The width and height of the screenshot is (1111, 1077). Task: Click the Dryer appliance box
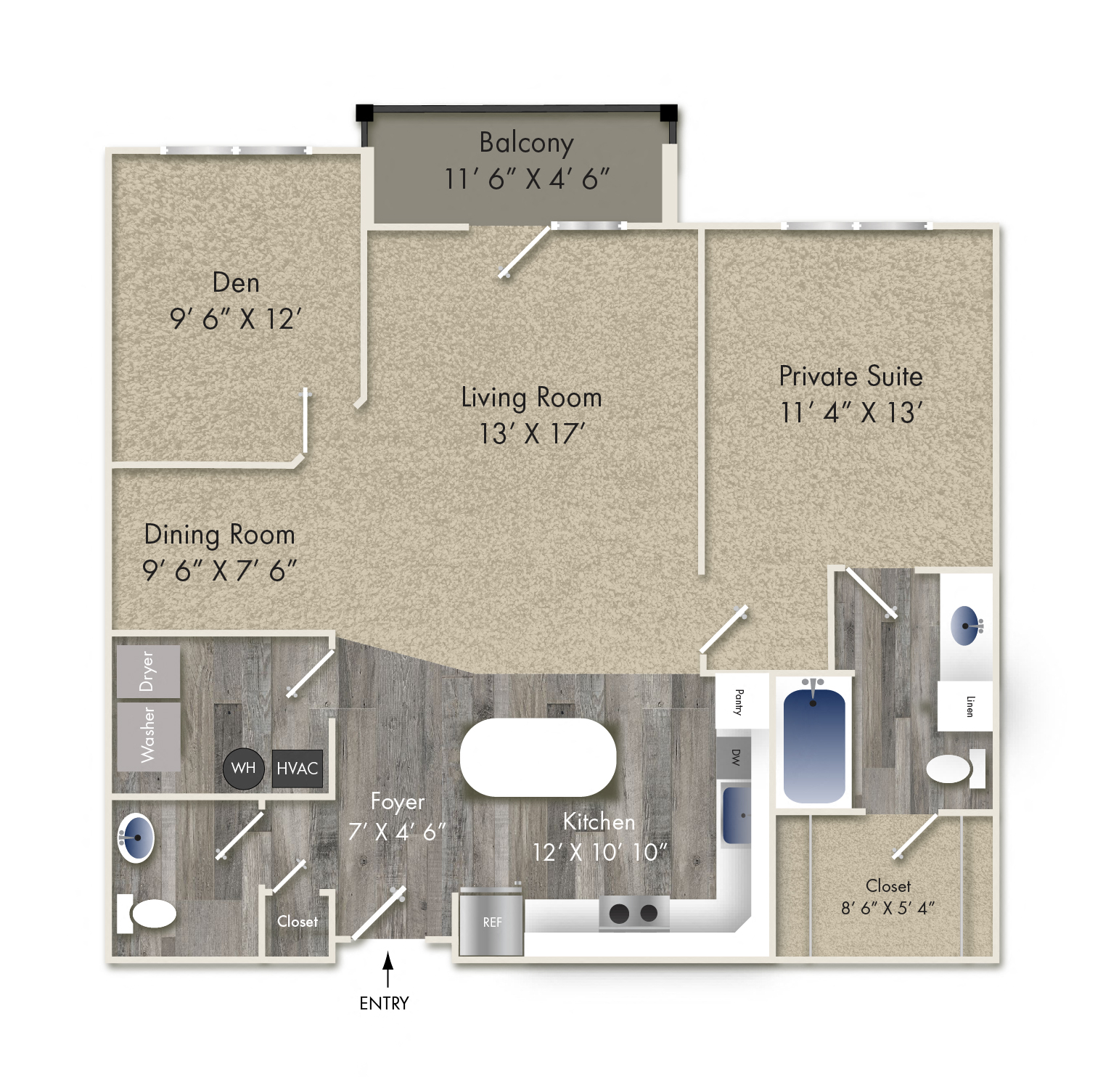point(148,671)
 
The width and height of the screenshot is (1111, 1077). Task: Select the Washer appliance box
point(148,736)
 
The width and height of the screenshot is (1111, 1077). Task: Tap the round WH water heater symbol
point(243,768)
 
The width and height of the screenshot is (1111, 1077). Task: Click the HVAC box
point(297,769)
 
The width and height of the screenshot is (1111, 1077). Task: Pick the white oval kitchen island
point(538,757)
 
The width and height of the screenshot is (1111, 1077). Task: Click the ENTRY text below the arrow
point(384,1003)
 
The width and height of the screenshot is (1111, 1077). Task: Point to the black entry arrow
point(388,969)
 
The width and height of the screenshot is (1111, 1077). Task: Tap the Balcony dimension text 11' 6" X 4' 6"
point(527,179)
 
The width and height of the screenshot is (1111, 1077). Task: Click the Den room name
point(236,283)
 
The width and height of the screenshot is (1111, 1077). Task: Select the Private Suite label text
point(850,377)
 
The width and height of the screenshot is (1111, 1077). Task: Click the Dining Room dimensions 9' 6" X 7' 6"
point(220,571)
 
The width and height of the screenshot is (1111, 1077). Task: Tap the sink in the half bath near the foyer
point(136,838)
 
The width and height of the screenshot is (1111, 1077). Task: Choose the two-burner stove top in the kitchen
point(634,913)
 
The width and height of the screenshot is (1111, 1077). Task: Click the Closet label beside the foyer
point(298,922)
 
